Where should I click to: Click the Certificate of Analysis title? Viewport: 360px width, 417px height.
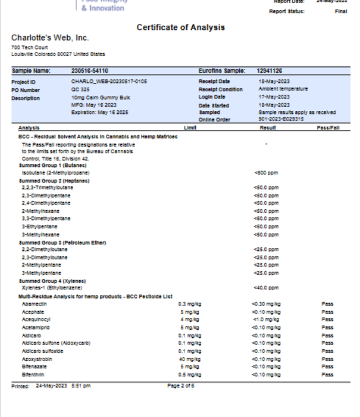(x=180, y=27)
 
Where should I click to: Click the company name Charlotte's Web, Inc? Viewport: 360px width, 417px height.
(x=50, y=38)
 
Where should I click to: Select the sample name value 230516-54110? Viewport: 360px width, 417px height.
(x=89, y=71)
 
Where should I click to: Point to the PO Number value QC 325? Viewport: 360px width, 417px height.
(x=80, y=89)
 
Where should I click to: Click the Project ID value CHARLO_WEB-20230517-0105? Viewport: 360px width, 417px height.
(x=109, y=81)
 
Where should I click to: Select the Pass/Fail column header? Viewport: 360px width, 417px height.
(x=328, y=128)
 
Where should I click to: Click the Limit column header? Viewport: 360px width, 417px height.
(x=190, y=128)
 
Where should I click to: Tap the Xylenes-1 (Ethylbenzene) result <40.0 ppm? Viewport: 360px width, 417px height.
(x=266, y=288)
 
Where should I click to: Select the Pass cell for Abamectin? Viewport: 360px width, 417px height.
(x=327, y=304)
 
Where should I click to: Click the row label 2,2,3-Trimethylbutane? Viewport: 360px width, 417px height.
(x=46, y=188)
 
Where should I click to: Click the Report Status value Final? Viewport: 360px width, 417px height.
(x=340, y=11)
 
